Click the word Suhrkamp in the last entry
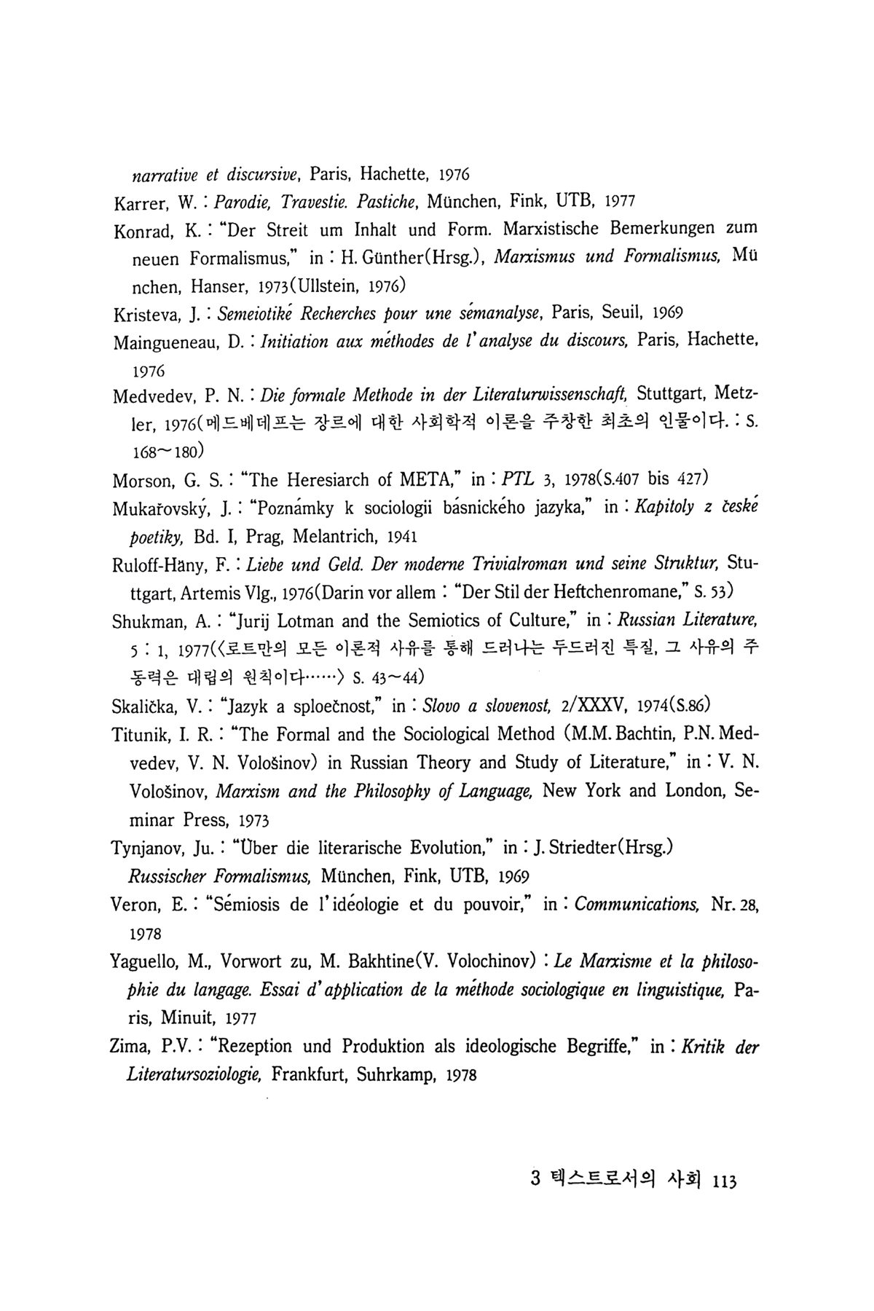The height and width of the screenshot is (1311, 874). tap(401, 1075)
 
